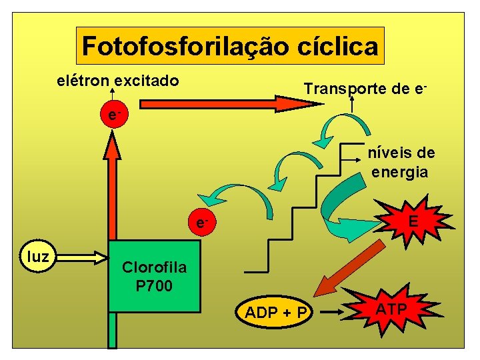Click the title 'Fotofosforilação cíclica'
click(x=230, y=46)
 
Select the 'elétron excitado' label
click(x=117, y=81)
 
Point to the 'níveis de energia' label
click(x=401, y=163)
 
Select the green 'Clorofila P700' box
click(x=154, y=276)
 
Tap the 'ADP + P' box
click(x=275, y=312)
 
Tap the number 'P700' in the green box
click(x=154, y=287)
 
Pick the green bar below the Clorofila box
click(x=113, y=330)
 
